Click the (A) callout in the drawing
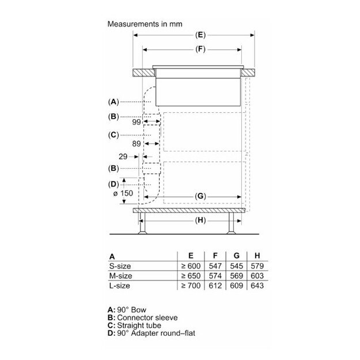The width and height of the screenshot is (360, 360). pyautogui.click(x=113, y=101)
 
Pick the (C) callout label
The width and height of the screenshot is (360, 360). pyautogui.click(x=113, y=135)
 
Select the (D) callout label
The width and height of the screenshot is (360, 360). pyautogui.click(x=113, y=184)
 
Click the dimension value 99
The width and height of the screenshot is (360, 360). pyautogui.click(x=136, y=122)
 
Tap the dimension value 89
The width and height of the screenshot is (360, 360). pyautogui.click(x=136, y=144)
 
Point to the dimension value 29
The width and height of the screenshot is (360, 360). pyautogui.click(x=123, y=156)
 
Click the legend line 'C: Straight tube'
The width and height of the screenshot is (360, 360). pyautogui.click(x=140, y=325)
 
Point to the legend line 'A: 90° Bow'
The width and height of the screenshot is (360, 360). pyautogui.click(x=131, y=309)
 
